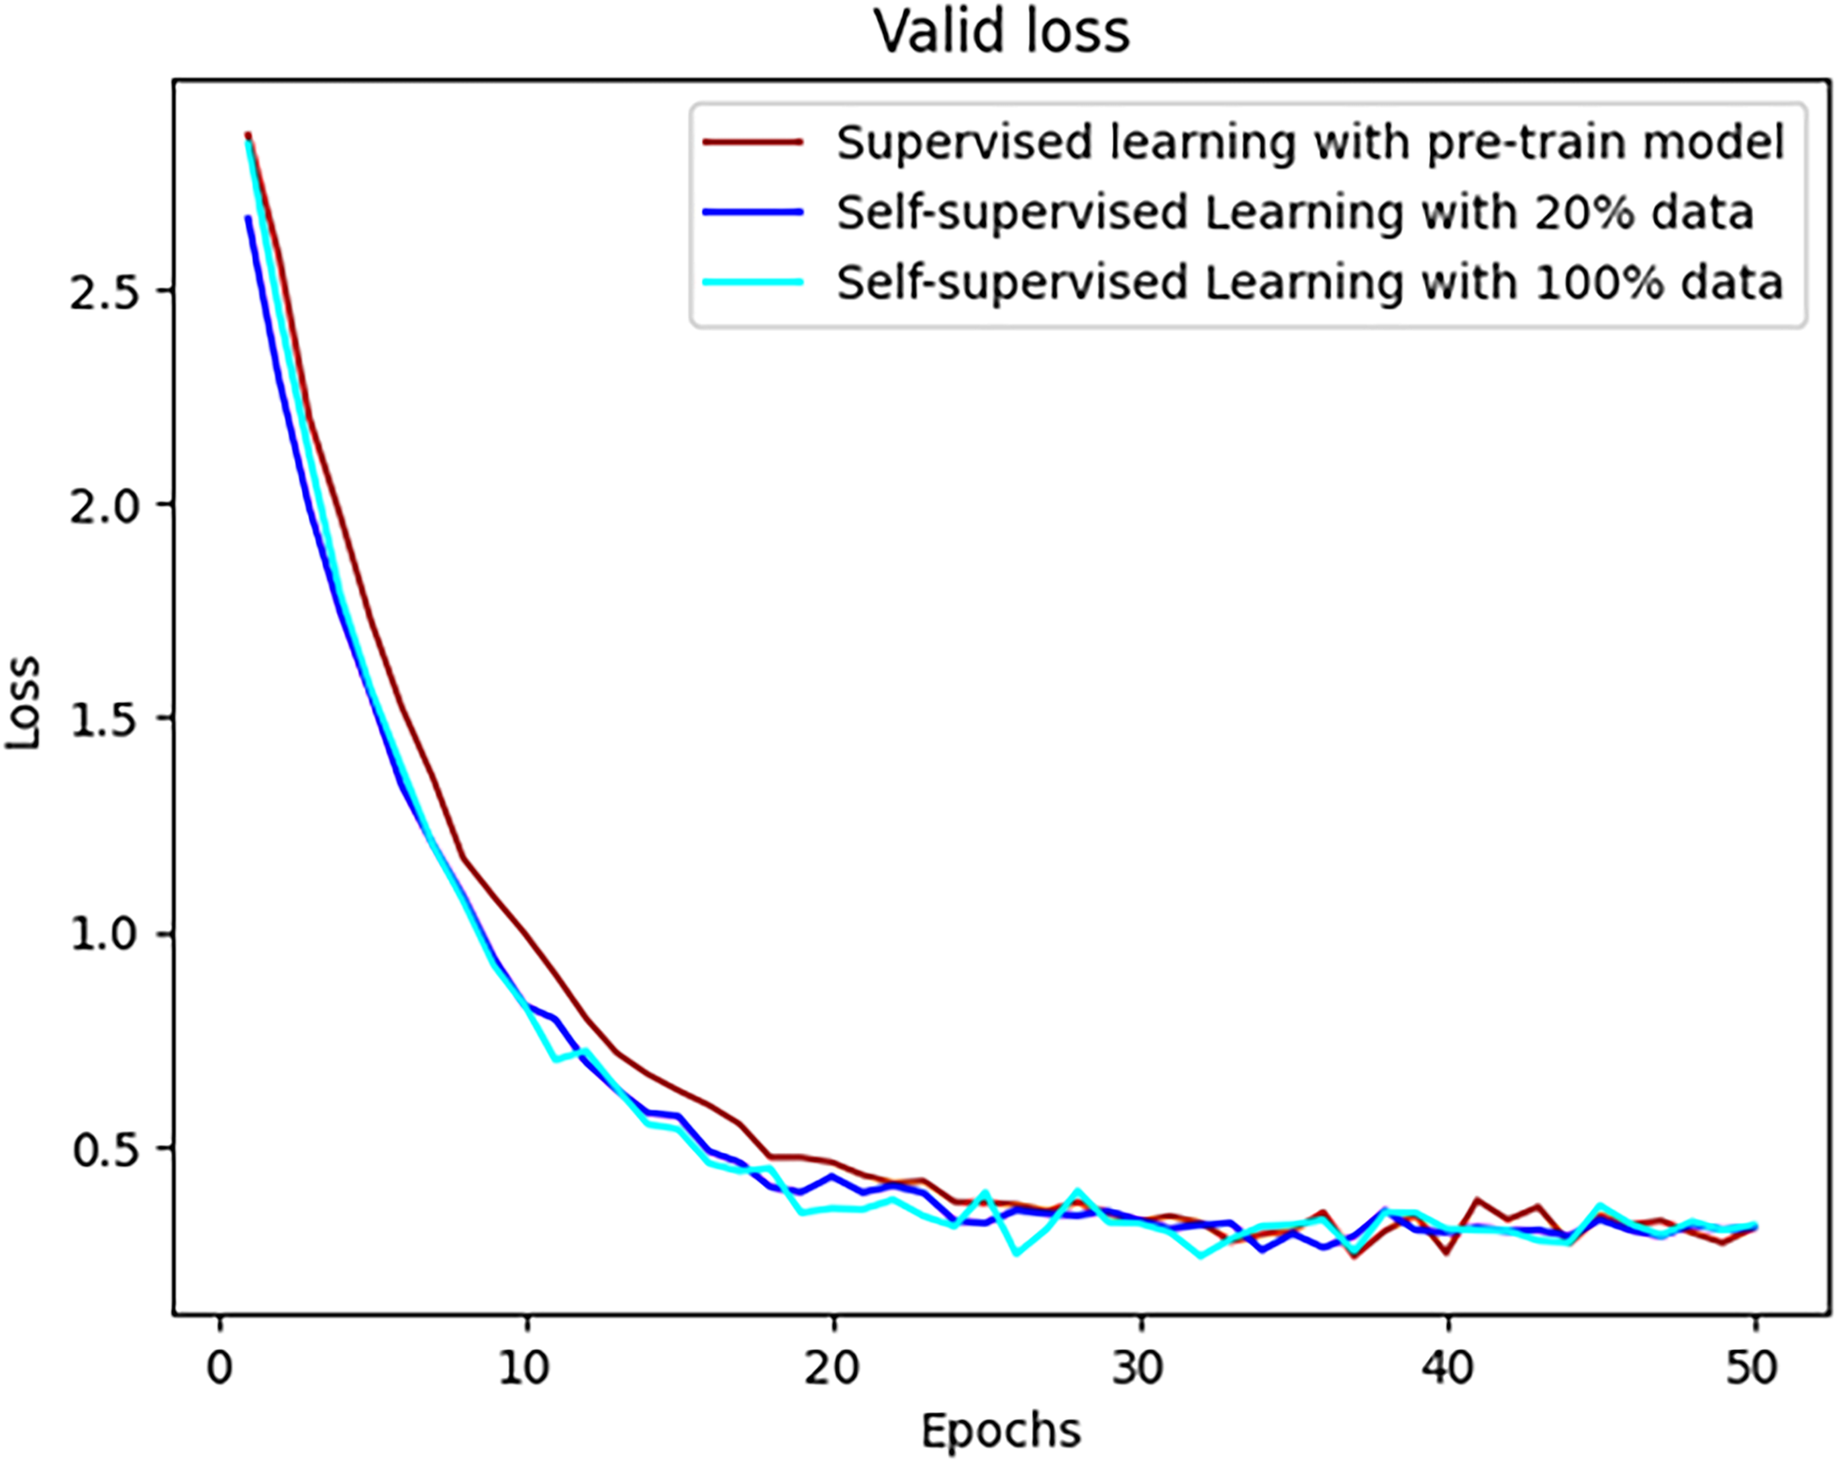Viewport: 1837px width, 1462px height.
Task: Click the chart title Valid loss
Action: (x=1002, y=32)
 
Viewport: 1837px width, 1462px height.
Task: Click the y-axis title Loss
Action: (x=23, y=702)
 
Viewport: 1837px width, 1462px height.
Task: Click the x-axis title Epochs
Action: (x=1001, y=1431)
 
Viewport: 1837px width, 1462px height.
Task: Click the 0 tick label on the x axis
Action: (x=220, y=1368)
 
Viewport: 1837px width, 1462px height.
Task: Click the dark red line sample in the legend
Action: (x=753, y=143)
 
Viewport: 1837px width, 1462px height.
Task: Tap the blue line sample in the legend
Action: (x=753, y=213)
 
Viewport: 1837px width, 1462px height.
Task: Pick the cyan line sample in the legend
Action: (x=753, y=282)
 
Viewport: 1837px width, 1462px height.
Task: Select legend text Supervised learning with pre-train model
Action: (x=1310, y=143)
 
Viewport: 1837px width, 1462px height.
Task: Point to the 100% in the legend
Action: (x=1600, y=282)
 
